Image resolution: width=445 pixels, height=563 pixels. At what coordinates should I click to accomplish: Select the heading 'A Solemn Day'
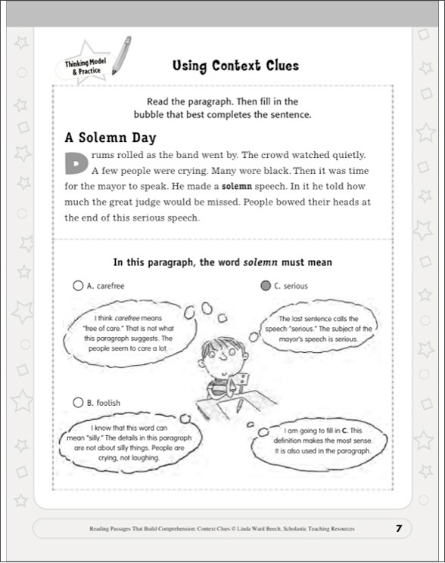pyautogui.click(x=110, y=138)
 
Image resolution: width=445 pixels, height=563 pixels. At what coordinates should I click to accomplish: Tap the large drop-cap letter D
pyautogui.click(x=75, y=162)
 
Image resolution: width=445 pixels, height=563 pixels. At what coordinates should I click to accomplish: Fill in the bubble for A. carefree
pyautogui.click(x=77, y=286)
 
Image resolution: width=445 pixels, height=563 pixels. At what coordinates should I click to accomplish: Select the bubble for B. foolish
pyautogui.click(x=77, y=403)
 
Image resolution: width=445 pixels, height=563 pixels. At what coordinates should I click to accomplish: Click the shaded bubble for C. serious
pyautogui.click(x=263, y=286)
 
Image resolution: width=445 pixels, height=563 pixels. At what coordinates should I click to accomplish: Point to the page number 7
pyautogui.click(x=398, y=528)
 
